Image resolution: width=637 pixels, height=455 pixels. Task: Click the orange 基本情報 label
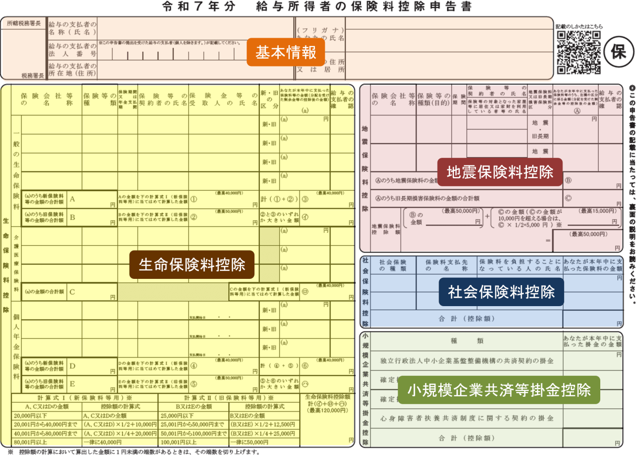pyautogui.click(x=286, y=52)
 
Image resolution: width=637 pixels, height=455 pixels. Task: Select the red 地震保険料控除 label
pyautogui.click(x=500, y=172)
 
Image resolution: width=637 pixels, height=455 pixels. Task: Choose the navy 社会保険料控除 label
pyautogui.click(x=501, y=291)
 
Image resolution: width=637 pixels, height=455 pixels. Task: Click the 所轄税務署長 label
pyautogui.click(x=24, y=24)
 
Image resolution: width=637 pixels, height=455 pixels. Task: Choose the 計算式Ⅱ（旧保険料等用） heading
pyautogui.click(x=230, y=398)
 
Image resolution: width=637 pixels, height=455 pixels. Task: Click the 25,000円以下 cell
pyautogui.click(x=176, y=416)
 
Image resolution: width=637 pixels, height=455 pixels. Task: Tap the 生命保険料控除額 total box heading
pyautogui.click(x=327, y=397)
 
